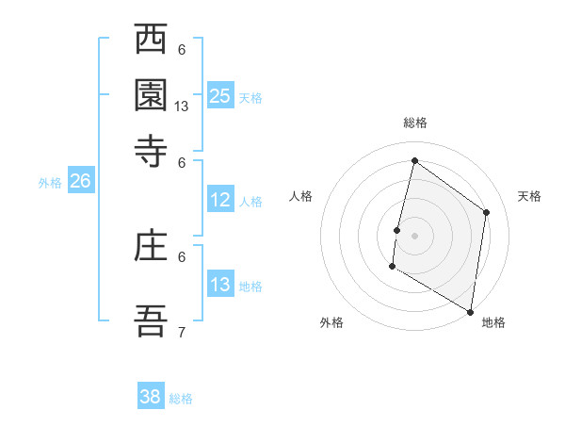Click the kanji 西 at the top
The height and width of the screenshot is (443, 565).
tap(151, 41)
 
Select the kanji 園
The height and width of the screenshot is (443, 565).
tap(151, 95)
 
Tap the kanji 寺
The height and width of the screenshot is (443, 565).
tap(151, 148)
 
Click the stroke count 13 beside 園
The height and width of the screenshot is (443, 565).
tap(182, 107)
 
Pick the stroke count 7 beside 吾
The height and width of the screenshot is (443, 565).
tap(182, 332)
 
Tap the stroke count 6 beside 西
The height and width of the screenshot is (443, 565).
tap(182, 50)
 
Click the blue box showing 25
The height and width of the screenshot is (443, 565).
tap(220, 95)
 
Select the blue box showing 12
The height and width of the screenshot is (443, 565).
tap(220, 200)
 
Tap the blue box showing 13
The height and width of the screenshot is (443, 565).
tap(220, 285)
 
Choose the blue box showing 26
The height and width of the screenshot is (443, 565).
tap(80, 182)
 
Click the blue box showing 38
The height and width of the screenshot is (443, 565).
tap(151, 397)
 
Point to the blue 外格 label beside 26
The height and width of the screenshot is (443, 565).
tap(50, 183)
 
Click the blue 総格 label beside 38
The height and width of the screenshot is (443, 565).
tap(181, 399)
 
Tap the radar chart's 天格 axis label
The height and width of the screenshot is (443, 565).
tap(529, 196)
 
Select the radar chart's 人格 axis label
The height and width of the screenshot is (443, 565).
tap(301, 196)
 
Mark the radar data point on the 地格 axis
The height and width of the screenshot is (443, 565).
tap(470, 311)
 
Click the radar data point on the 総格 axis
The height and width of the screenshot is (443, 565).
tap(414, 161)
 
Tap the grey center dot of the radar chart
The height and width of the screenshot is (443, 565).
tap(414, 235)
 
